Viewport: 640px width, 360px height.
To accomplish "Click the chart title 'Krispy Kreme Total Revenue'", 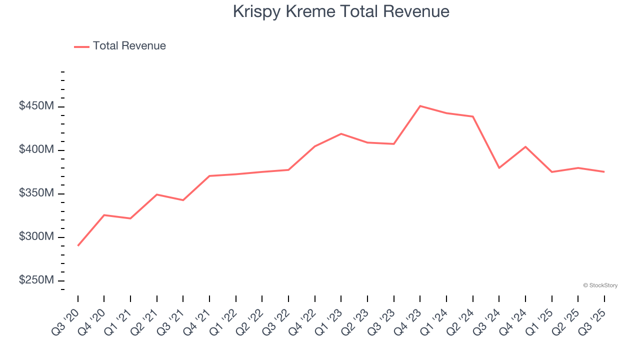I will coord(341,11).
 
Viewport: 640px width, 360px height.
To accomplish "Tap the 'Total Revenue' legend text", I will coord(129,46).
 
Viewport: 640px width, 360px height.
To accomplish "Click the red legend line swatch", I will coord(81,46).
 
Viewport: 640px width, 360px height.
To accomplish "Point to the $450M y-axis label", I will coord(36,106).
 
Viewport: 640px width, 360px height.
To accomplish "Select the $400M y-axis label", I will coord(36,150).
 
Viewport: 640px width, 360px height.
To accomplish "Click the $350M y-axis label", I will coord(36,193).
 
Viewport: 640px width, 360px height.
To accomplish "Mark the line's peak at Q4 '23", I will coord(420,106).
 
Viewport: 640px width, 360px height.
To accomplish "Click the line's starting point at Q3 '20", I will coord(78,245).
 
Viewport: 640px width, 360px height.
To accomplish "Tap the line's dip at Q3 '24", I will coord(499,167).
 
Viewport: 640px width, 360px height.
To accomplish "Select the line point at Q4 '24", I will coord(525,146).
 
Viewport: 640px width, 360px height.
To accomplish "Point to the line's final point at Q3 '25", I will coord(604,172).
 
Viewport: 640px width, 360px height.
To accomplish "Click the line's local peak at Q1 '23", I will coord(341,133).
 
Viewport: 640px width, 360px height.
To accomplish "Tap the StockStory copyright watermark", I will coord(600,285).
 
